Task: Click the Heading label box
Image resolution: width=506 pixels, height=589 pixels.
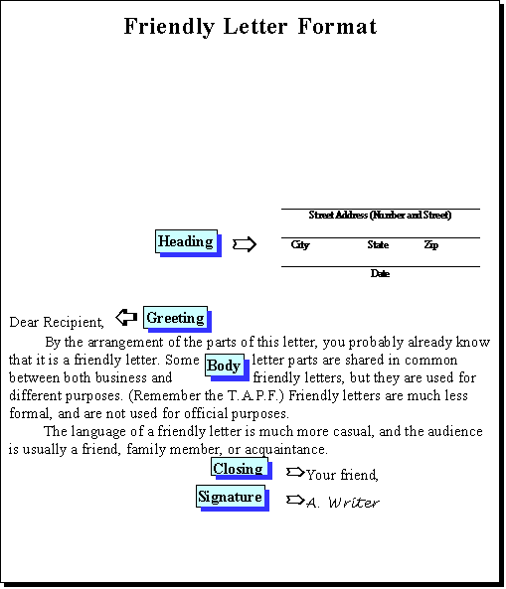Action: (187, 241)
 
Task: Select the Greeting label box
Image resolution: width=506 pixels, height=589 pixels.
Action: (175, 318)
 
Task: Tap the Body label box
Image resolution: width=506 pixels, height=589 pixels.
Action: (225, 365)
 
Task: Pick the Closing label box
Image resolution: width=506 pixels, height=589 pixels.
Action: (240, 468)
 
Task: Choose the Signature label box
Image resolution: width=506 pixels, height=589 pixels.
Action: (230, 497)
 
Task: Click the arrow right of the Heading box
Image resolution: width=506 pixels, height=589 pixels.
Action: (245, 244)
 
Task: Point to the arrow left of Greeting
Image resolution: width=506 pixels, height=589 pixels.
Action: (126, 317)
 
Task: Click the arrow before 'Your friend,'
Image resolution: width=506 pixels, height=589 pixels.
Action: (295, 472)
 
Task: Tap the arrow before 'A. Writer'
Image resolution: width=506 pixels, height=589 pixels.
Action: (295, 500)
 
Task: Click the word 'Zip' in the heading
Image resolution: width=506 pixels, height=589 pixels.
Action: (431, 245)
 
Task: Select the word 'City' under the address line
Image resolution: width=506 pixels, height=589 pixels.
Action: (300, 245)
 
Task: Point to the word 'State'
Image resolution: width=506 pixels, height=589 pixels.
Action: (378, 245)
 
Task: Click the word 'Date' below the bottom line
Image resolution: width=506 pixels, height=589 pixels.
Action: (380, 273)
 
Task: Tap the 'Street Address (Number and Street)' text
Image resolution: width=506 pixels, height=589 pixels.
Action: (380, 216)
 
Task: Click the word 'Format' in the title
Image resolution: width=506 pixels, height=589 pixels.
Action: (337, 26)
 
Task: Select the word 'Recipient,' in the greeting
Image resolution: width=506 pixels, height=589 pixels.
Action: (74, 322)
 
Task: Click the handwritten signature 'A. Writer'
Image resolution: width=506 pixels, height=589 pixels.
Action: (343, 503)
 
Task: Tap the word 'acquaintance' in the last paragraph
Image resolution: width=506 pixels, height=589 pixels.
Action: (286, 450)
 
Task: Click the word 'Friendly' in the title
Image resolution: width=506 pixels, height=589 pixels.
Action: (169, 27)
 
